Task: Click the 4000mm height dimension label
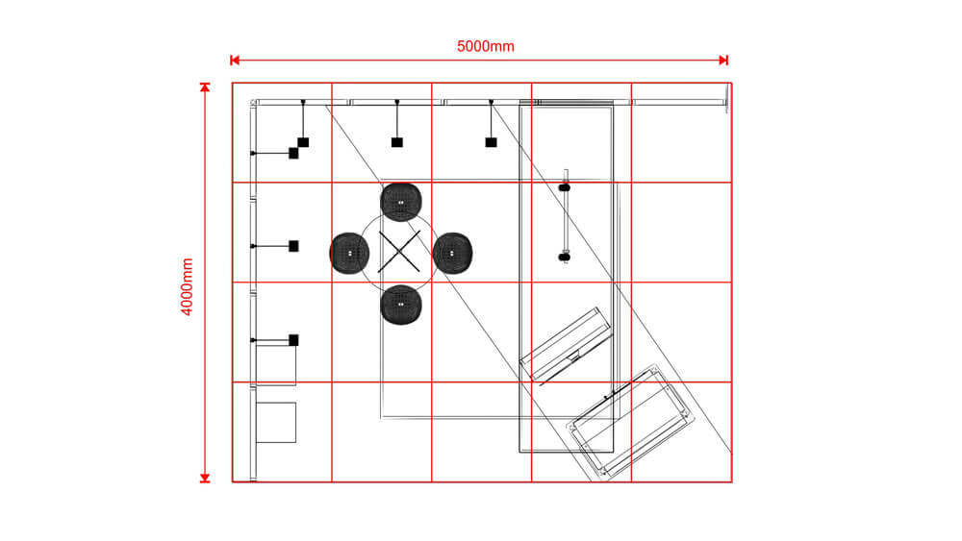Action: click(x=188, y=285)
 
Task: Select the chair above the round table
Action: click(x=401, y=201)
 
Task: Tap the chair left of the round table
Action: click(x=350, y=252)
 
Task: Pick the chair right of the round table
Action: click(x=452, y=252)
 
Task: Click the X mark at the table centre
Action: click(x=400, y=251)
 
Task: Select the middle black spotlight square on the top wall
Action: click(x=396, y=142)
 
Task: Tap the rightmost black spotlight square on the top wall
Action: click(x=491, y=142)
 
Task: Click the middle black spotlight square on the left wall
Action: click(x=293, y=246)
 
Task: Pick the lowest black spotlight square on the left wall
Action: click(x=293, y=339)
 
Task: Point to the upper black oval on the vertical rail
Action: click(x=565, y=186)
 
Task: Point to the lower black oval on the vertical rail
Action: click(x=565, y=257)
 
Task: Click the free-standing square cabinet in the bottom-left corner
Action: click(x=276, y=422)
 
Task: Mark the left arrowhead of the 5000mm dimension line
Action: click(x=234, y=61)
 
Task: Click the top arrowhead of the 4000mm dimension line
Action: click(x=204, y=87)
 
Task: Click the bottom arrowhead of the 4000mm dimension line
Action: click(x=204, y=477)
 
